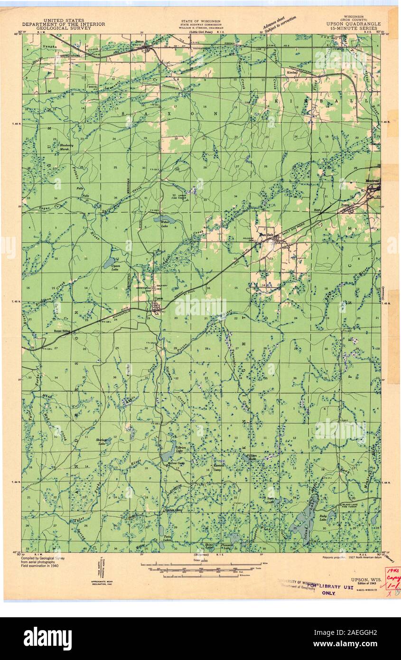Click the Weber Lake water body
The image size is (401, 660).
tap(164, 220)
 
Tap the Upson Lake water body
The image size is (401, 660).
tap(110, 262)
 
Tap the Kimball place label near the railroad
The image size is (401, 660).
tap(291, 72)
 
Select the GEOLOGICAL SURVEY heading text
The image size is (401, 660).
tap(64, 28)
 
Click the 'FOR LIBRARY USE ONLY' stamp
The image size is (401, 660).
tap(328, 589)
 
